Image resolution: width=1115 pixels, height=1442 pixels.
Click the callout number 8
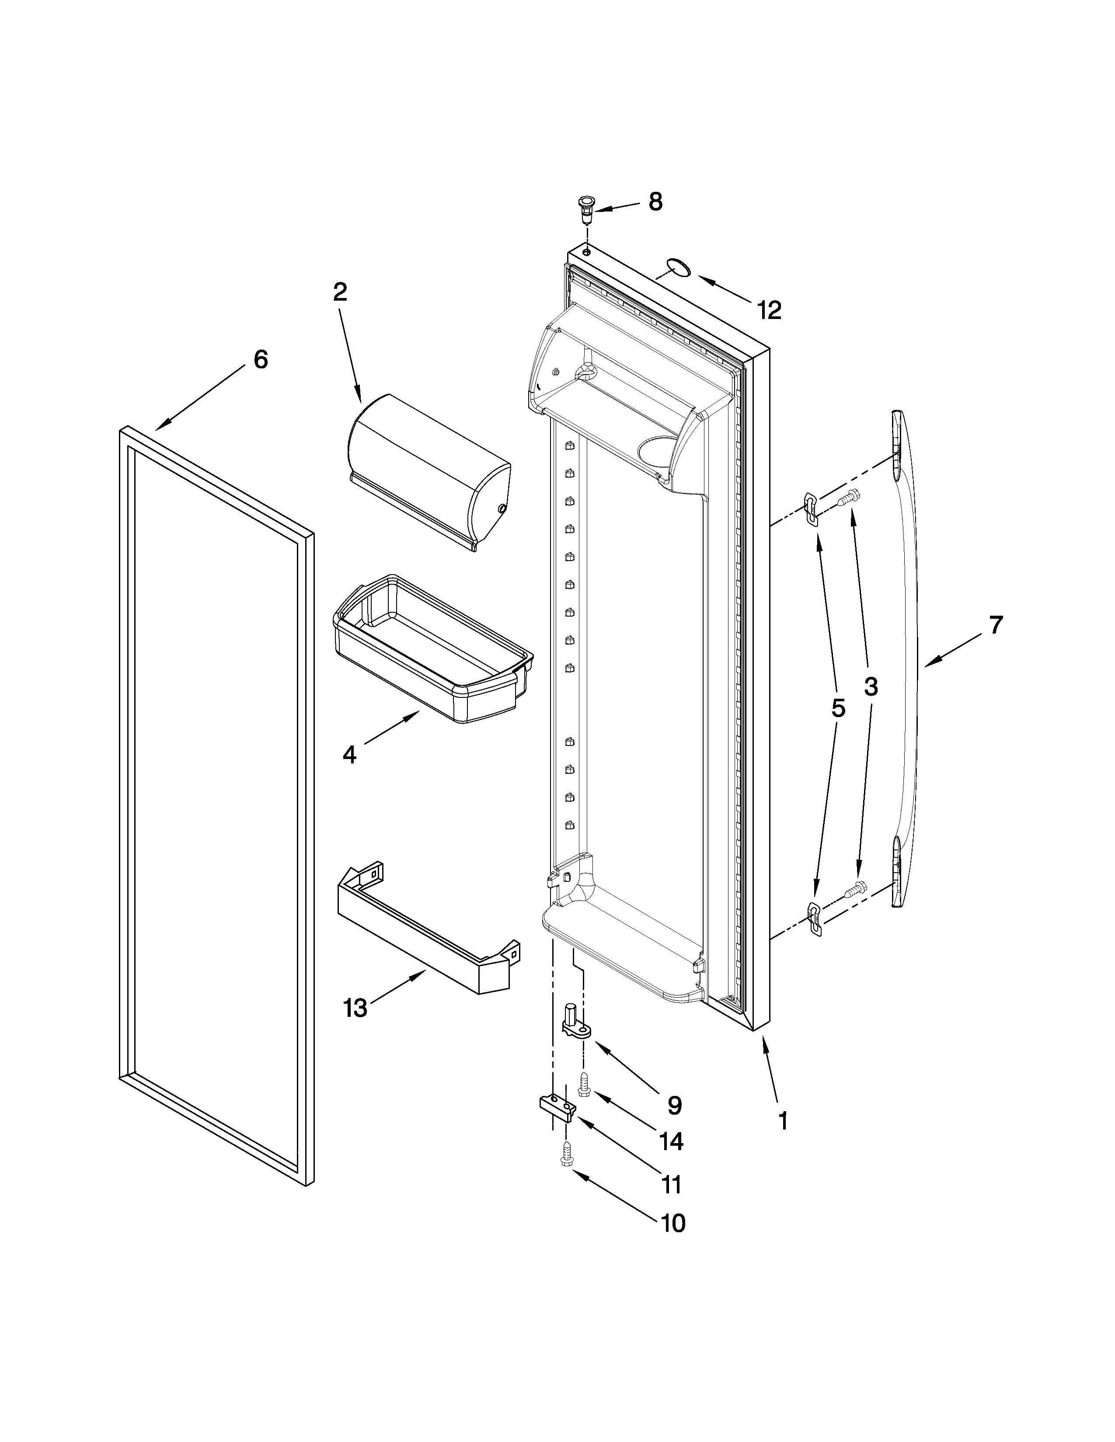[655, 201]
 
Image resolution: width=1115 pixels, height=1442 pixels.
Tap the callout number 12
[770, 310]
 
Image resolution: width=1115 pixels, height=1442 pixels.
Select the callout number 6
[261, 360]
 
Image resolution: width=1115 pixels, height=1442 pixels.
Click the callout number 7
[996, 624]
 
